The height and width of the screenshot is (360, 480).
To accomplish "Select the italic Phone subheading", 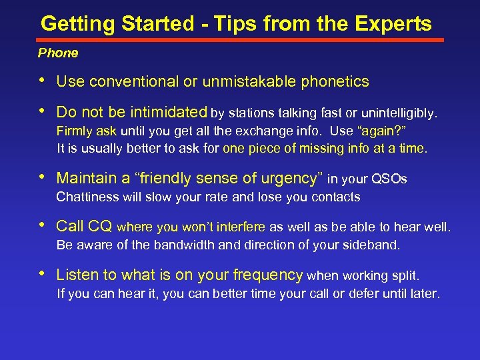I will [x=58, y=53].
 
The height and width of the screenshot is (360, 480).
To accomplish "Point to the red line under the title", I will [x=240, y=39].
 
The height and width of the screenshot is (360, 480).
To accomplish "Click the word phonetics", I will [x=335, y=82].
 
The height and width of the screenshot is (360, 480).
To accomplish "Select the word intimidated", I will [x=169, y=112].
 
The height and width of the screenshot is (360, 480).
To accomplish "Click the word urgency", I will [x=289, y=179].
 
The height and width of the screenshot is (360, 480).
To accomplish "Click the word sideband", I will [x=375, y=245].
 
